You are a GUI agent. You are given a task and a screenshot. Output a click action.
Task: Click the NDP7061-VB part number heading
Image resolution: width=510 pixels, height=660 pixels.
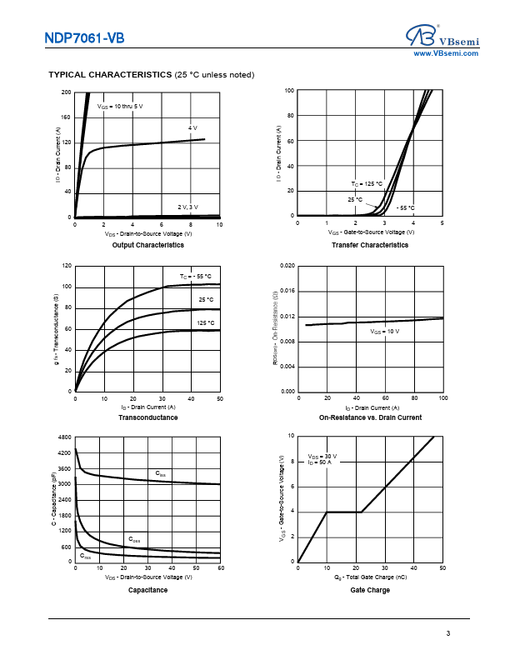pos(86,37)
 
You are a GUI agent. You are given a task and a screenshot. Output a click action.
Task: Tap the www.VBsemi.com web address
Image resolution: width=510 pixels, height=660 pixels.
pos(446,53)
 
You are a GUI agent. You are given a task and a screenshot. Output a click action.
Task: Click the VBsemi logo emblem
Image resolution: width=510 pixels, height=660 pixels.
pos(421,34)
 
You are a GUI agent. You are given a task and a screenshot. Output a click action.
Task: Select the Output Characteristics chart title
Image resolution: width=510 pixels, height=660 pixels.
pos(147,246)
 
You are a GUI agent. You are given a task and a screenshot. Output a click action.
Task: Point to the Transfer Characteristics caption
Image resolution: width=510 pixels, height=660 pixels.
pos(370,246)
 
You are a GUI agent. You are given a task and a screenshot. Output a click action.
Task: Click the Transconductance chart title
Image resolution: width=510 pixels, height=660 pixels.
pos(147,417)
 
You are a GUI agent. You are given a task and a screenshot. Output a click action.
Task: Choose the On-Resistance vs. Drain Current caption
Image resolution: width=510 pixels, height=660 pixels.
pos(370,417)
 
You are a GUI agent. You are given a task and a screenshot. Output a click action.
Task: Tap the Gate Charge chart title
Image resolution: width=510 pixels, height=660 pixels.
pos(370,590)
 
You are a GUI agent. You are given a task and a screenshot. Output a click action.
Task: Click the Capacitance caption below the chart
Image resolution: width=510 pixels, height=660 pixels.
pos(147,590)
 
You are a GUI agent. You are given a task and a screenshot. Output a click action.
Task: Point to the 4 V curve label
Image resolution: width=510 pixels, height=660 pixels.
pos(192,127)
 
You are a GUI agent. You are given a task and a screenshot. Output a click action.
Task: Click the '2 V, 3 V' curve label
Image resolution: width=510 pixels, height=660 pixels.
pos(187,207)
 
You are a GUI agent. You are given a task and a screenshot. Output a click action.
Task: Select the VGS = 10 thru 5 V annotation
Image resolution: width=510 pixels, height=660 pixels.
pos(120,107)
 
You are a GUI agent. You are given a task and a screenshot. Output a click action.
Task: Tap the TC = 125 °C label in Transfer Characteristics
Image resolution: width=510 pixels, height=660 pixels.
pos(366,183)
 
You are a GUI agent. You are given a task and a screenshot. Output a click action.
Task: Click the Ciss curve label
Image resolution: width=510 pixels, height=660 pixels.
pos(161,473)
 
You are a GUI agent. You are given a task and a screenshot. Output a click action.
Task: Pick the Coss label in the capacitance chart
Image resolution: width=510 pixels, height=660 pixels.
pos(133,539)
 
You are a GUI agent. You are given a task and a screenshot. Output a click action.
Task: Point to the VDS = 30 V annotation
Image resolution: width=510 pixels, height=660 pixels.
pos(322,456)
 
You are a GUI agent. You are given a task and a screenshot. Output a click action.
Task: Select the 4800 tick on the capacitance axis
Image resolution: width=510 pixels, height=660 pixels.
pos(64,437)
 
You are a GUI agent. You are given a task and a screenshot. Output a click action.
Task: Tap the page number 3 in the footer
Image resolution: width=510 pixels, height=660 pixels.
pos(447,634)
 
